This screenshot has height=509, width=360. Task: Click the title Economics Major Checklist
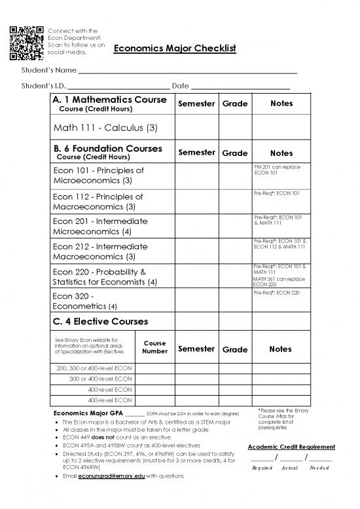point(174,50)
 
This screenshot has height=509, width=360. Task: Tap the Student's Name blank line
point(187,72)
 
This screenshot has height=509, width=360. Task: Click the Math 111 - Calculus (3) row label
point(101,126)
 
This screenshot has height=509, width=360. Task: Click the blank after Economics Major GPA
point(134,414)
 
